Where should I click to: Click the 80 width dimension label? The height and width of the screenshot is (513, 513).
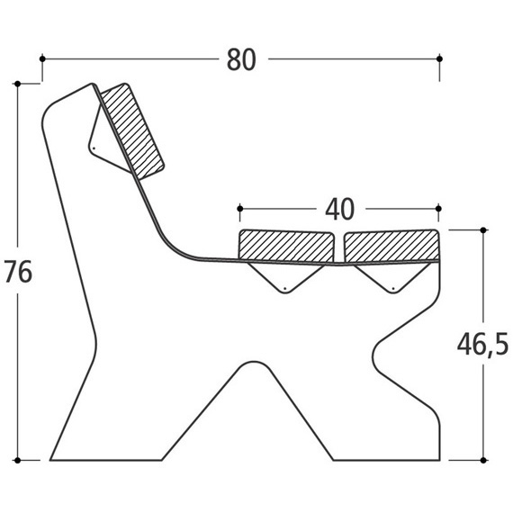coord(241,59)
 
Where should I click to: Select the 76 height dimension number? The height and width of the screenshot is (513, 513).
coord(18,271)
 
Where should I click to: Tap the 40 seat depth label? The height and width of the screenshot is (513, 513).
coord(339,210)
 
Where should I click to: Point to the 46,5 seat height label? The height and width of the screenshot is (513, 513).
coord(482,345)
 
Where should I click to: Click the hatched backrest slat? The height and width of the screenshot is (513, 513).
coord(131,130)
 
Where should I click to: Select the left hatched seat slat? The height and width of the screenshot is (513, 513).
coord(286,246)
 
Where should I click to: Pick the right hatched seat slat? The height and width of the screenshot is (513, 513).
coord(391,247)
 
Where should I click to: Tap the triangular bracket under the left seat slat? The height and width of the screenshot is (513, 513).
coord(285,278)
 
